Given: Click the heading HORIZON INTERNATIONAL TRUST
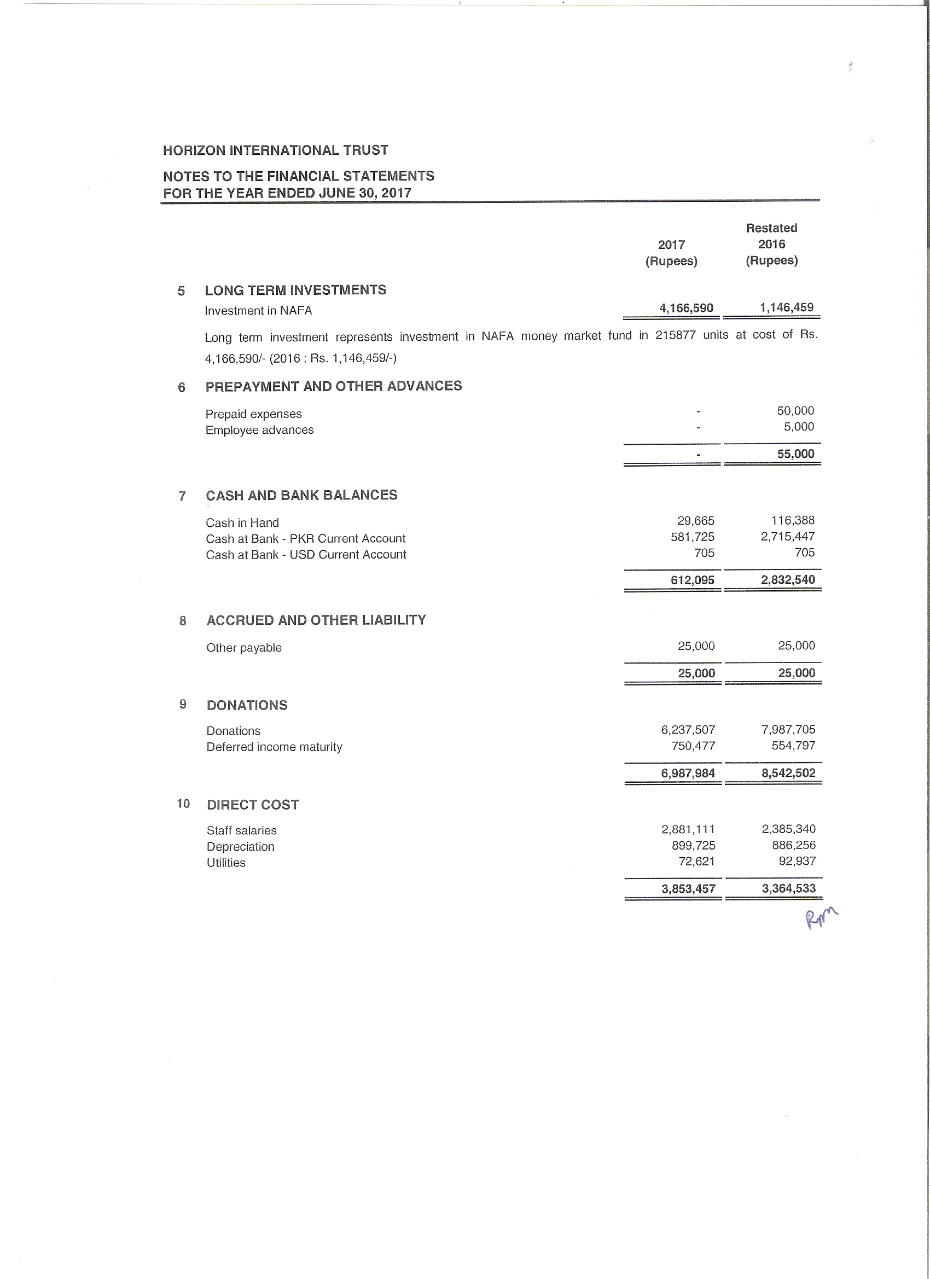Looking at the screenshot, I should tap(275, 150).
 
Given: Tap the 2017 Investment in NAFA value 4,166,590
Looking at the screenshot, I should tap(686, 308).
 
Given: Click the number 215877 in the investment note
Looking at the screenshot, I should tap(675, 335).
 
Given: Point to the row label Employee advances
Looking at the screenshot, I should tap(259, 431).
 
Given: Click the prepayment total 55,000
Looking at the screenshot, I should tap(795, 454).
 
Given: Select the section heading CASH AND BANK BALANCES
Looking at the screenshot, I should tap(301, 495).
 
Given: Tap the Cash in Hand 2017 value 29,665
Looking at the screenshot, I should tap(695, 520).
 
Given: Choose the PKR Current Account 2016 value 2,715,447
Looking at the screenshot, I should tap(787, 536).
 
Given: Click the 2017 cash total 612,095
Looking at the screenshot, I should tap(692, 580).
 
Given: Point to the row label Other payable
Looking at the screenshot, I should tap(243, 648).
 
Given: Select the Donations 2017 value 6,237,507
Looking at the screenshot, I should tap(688, 730).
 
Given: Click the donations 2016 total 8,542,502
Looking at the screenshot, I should tap(788, 773).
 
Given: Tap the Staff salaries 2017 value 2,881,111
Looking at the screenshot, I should tap(688, 829).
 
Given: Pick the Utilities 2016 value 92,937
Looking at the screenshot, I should tap(797, 861).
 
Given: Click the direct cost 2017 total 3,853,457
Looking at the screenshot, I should tap(688, 889).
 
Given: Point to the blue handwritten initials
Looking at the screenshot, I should tap(821, 918).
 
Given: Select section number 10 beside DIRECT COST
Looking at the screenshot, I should tap(183, 804).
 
